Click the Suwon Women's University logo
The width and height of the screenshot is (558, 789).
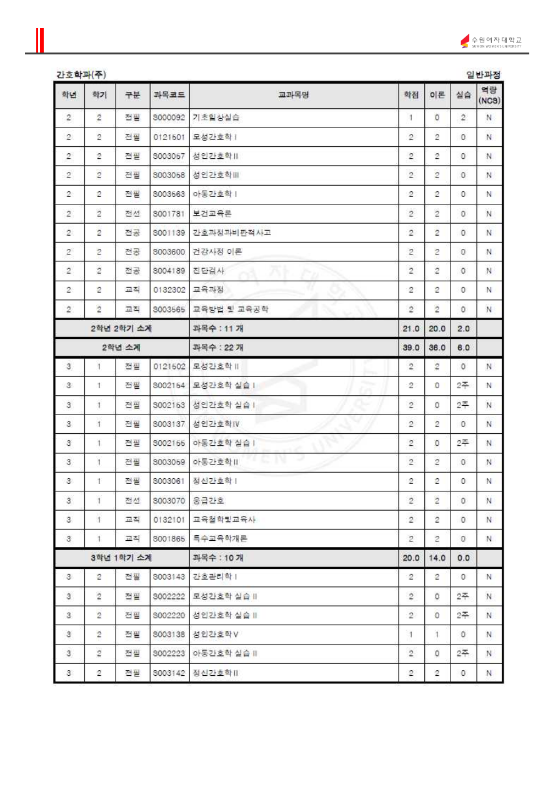[x=491, y=41]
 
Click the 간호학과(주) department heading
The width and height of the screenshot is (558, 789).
[x=81, y=74]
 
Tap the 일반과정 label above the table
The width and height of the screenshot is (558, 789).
[x=483, y=74]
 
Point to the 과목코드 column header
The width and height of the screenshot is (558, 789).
[x=169, y=95]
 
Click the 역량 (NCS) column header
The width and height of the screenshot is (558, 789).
[x=489, y=95]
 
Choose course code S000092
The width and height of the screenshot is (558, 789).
[x=169, y=118]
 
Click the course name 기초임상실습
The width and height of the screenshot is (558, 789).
[x=216, y=118]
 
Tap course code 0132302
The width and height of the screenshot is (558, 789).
[x=169, y=290]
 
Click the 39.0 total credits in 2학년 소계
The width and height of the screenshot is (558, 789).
[x=411, y=348]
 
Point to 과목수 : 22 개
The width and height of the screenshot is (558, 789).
[x=218, y=348]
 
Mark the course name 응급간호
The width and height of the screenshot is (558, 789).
[x=209, y=501]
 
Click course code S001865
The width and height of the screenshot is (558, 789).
[x=169, y=539]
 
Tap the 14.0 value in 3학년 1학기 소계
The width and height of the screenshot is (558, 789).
[x=437, y=558]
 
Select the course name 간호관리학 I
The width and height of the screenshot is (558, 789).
[x=215, y=577]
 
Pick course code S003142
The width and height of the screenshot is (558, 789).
[x=169, y=673]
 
